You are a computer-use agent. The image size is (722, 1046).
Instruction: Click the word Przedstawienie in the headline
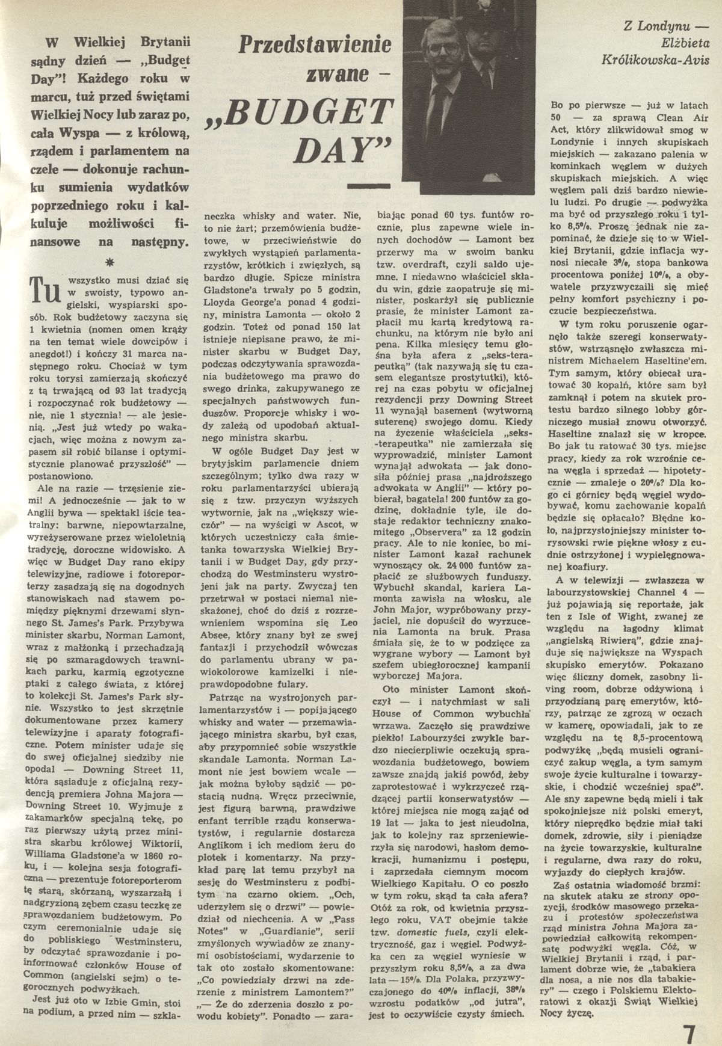(x=315, y=46)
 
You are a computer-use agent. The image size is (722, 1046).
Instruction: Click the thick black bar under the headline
(x=365, y=187)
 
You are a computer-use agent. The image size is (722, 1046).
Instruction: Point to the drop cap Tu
(x=46, y=288)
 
